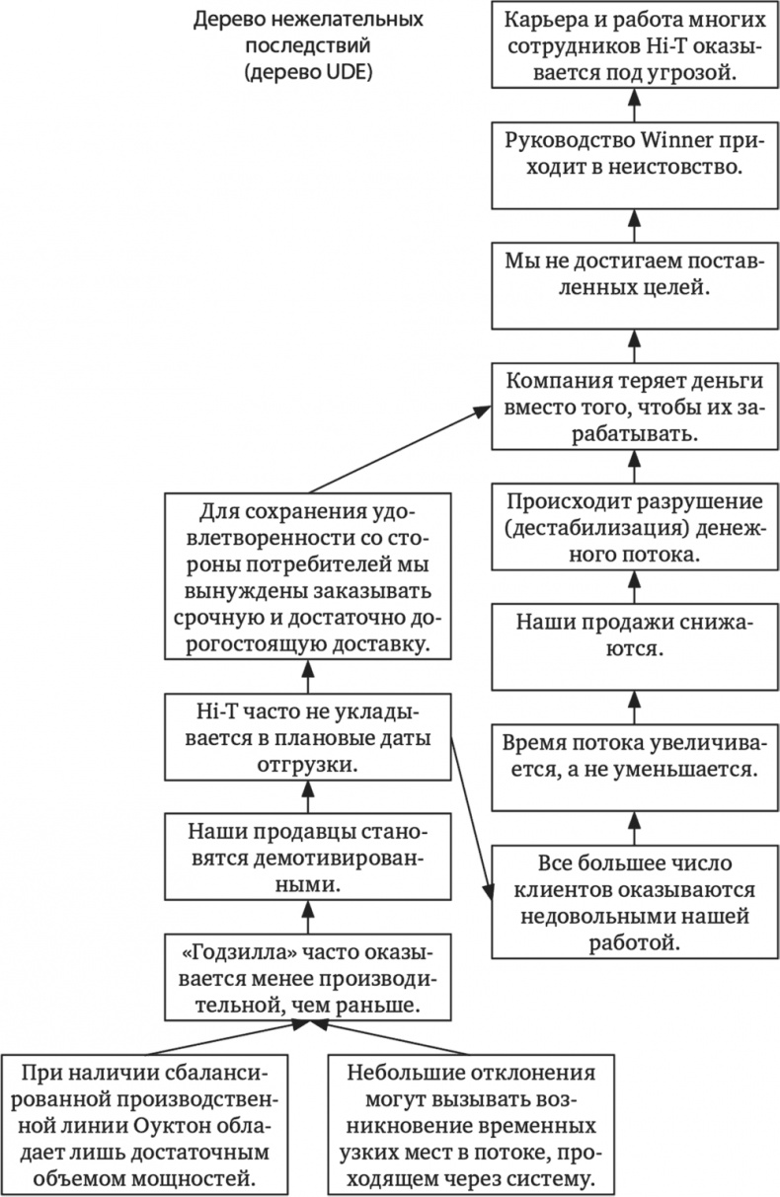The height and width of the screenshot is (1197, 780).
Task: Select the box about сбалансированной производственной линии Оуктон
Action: point(145,1125)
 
